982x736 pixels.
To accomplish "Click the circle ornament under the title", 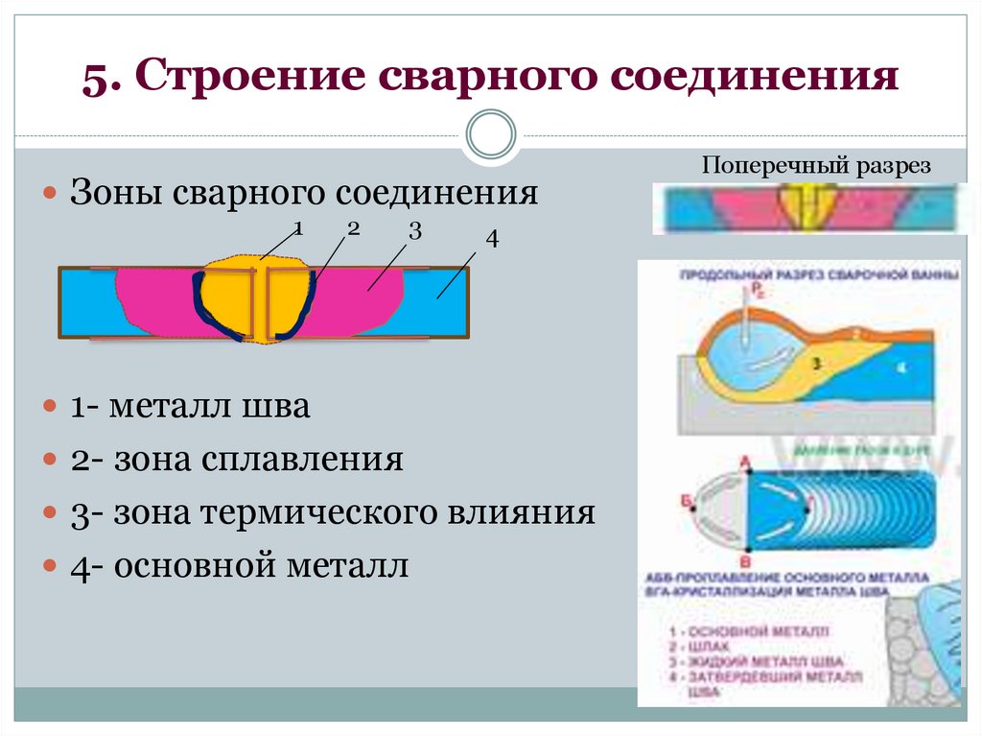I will click(x=490, y=134).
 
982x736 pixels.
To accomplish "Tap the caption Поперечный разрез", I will click(x=816, y=165).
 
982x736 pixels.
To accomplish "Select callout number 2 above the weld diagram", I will click(x=353, y=229).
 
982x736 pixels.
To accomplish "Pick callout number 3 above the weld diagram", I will click(x=414, y=231).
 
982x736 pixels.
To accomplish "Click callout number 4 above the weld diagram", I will click(x=492, y=240).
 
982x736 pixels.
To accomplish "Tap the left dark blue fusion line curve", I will click(x=207, y=307).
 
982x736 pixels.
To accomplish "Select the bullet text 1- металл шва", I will click(x=190, y=407).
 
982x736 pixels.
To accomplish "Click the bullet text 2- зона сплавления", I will click(x=236, y=460).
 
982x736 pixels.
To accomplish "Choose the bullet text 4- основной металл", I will click(x=240, y=565).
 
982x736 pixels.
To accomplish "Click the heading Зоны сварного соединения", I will click(x=304, y=193).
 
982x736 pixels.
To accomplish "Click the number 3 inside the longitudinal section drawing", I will click(x=817, y=364).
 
